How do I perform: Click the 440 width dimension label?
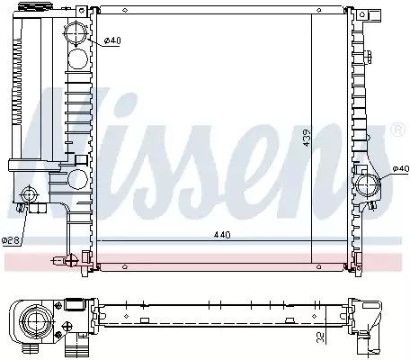[x=222, y=235]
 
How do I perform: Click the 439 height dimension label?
[x=307, y=138]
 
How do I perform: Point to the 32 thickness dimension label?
[x=320, y=337]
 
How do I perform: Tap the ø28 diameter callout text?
[x=11, y=240]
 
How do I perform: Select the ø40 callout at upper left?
[x=112, y=40]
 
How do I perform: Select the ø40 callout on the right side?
[x=401, y=169]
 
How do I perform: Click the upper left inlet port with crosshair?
[x=76, y=33]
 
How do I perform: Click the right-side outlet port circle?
[x=368, y=186]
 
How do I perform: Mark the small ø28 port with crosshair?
[x=29, y=194]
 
